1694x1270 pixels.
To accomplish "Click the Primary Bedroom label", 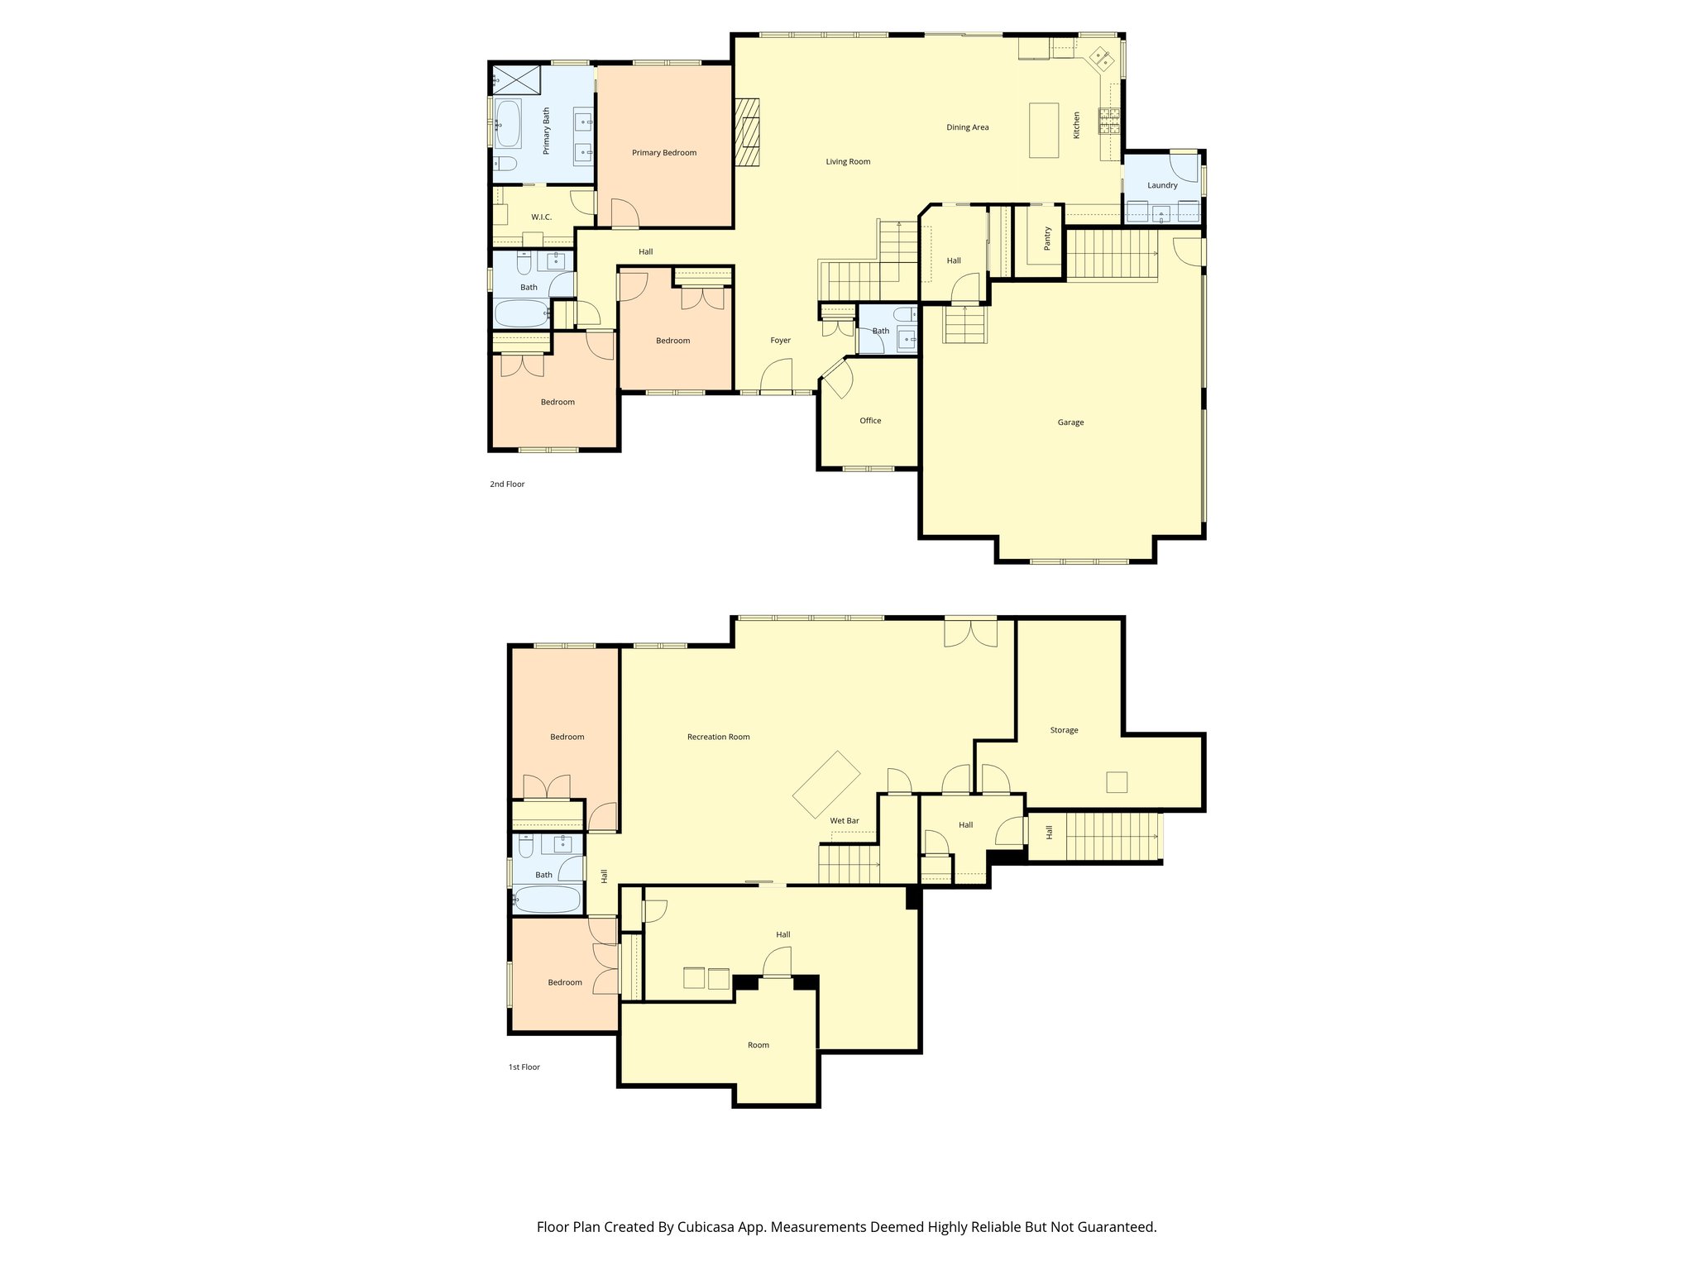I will pyautogui.click(x=663, y=153).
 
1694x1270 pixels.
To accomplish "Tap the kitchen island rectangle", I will pyautogui.click(x=1044, y=130).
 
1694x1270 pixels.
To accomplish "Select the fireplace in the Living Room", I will pyautogui.click(x=749, y=132).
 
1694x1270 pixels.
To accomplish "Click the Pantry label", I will pyautogui.click(x=1047, y=239).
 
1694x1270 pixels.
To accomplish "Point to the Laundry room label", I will pyautogui.click(x=1161, y=185).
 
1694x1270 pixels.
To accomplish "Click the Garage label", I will pyautogui.click(x=1070, y=423).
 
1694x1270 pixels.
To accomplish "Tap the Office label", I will pyautogui.click(x=870, y=421).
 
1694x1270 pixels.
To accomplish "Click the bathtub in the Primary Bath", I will pyautogui.click(x=507, y=125).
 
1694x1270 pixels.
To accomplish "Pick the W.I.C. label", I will pyautogui.click(x=541, y=217).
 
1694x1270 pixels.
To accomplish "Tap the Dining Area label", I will pyautogui.click(x=967, y=127).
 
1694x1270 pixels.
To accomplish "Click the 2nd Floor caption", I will pyautogui.click(x=507, y=485).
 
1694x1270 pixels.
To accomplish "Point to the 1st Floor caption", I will pyautogui.click(x=524, y=1067).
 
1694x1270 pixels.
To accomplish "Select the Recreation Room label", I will pyautogui.click(x=718, y=737).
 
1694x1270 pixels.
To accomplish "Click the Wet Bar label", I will pyautogui.click(x=845, y=821).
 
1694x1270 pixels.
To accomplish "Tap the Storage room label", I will pyautogui.click(x=1064, y=730).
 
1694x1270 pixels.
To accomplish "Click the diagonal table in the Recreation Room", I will pyautogui.click(x=826, y=784).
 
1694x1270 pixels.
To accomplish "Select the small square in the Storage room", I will pyautogui.click(x=1117, y=782).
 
